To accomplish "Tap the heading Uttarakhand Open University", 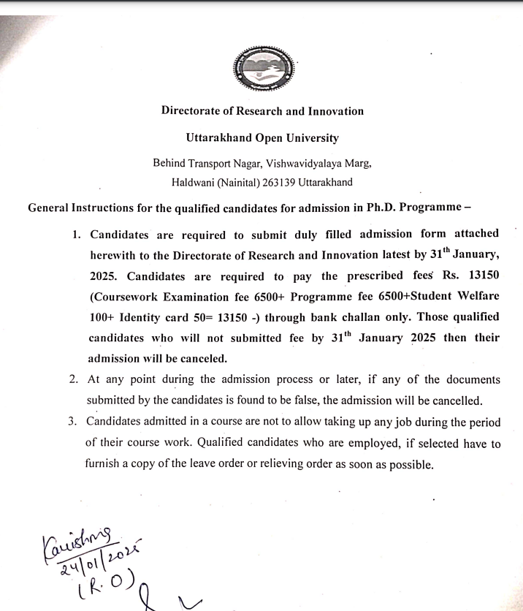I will [262, 137].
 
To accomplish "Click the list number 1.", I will [76, 235].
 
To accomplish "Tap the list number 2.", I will [74, 380].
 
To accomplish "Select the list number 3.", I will [73, 422].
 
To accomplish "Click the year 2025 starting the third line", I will [104, 276].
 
